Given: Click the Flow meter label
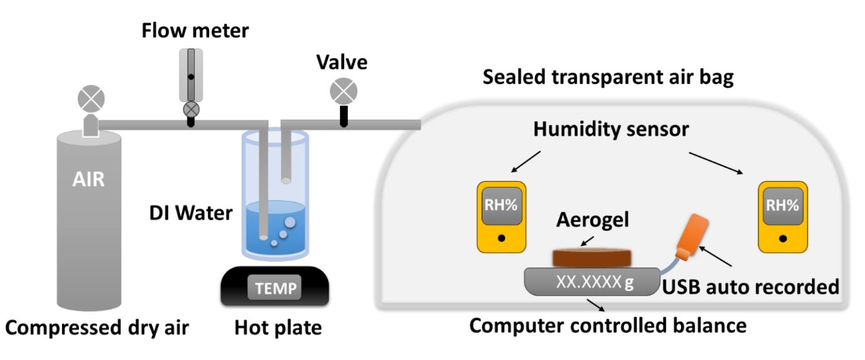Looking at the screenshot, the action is [x=195, y=31].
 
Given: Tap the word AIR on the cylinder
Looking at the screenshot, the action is [x=88, y=179].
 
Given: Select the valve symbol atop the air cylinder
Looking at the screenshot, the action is [x=91, y=98].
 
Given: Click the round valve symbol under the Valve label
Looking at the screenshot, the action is [x=343, y=91].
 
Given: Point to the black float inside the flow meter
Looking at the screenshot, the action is [x=191, y=77].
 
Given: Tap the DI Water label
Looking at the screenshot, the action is [x=191, y=213].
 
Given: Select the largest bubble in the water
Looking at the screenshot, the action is [x=290, y=222].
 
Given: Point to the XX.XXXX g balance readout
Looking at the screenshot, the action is [x=595, y=282].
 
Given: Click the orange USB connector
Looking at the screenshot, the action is [x=692, y=237].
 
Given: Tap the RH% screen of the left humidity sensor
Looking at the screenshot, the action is [x=501, y=205].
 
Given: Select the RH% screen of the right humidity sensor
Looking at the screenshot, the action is [x=783, y=205].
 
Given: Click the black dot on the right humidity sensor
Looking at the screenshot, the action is [x=783, y=239].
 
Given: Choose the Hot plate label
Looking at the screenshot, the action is [x=278, y=327].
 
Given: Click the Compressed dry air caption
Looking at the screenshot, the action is [x=97, y=328].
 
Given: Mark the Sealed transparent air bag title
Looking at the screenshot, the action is [x=608, y=77].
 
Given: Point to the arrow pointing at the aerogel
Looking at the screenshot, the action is [x=587, y=241].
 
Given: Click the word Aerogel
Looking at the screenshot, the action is [x=593, y=220].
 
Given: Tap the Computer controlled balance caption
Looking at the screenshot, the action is [x=608, y=326].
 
